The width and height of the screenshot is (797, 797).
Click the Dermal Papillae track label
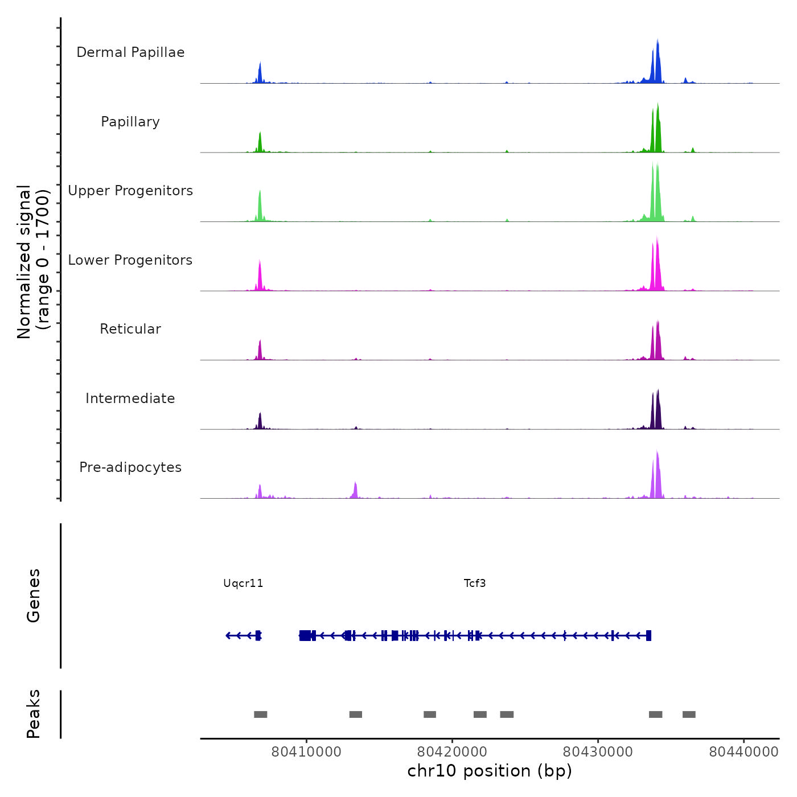130,52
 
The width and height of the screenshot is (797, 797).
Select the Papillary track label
130,122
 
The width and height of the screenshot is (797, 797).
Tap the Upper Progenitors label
130,191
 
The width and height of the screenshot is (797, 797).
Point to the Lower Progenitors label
130,260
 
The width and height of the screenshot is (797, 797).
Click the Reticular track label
130,329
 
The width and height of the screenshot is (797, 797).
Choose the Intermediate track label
130,398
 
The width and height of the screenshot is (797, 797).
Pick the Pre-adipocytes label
130,467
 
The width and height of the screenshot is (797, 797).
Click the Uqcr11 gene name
243,583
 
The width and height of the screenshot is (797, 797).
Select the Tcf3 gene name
475,583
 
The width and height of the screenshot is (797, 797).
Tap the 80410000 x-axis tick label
306,751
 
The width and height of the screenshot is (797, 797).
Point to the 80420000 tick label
453,751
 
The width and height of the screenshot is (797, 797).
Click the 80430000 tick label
598,751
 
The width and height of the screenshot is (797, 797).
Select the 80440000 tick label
743,751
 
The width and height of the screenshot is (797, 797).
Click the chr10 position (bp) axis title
490,771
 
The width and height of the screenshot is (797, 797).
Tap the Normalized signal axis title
33,262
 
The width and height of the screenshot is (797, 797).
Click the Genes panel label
34,595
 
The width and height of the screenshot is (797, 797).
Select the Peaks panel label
34,714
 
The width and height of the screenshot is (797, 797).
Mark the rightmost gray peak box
689,714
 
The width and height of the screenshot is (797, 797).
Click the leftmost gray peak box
261,714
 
